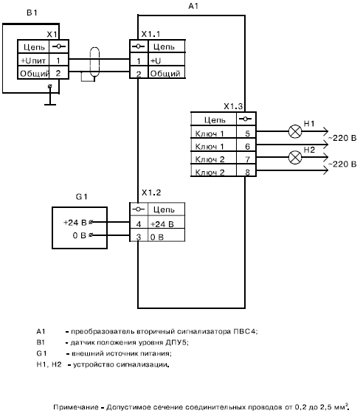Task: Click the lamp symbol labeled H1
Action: (295, 131)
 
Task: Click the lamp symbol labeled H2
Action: (295, 158)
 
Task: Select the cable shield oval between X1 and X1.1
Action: (94, 62)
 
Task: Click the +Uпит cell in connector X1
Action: (33, 60)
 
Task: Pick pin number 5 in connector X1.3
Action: (247, 133)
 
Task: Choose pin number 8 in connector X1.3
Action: (247, 172)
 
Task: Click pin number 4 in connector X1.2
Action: (139, 224)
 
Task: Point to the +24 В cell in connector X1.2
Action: (166, 224)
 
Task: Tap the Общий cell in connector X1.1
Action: (167, 73)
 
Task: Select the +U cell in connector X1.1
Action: (167, 60)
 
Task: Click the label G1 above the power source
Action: (81, 196)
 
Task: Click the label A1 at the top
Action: (193, 6)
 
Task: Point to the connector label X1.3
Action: (233, 106)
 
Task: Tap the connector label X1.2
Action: (151, 192)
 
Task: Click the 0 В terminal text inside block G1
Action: (80, 235)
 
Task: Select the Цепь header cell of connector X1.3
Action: (214, 119)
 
